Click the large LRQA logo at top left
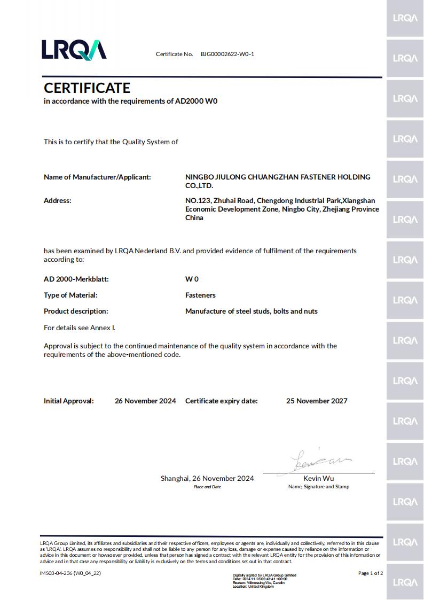[x=74, y=49]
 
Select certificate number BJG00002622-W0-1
[x=227, y=54]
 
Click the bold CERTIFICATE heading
[x=87, y=88]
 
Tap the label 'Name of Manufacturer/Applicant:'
[x=97, y=177]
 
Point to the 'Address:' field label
[x=57, y=200]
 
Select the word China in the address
[x=194, y=217]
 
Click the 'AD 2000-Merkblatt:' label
[x=76, y=279]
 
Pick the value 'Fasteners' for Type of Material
[x=200, y=295]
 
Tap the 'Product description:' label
[x=76, y=311]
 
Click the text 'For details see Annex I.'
[x=80, y=328]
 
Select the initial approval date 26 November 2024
[x=145, y=401]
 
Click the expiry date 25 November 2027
[x=317, y=401]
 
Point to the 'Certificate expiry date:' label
[x=221, y=401]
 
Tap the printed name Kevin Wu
[x=318, y=478]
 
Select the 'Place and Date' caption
[x=207, y=487]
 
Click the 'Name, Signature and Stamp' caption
[x=319, y=487]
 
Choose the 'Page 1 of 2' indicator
[x=371, y=573]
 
